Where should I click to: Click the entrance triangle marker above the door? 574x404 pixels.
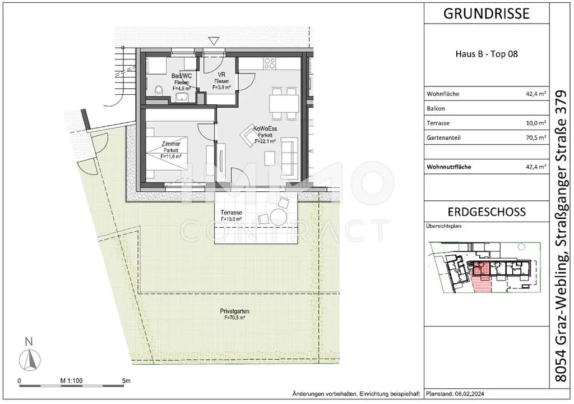(x=214, y=41)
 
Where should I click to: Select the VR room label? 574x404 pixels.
(x=221, y=75)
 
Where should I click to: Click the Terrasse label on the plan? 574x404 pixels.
(x=231, y=213)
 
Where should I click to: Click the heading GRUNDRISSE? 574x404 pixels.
(x=486, y=14)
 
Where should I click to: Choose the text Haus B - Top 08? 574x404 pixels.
(x=486, y=55)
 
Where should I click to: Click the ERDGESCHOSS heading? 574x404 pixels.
(x=486, y=212)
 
